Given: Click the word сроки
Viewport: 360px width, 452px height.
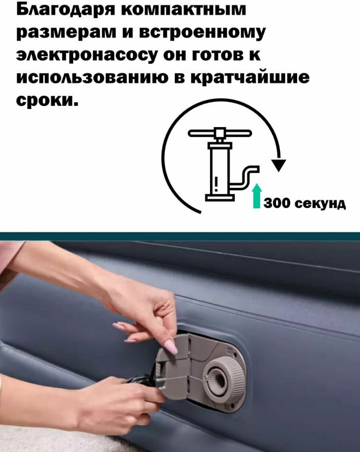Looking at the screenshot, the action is pyautogui.click(x=47, y=100).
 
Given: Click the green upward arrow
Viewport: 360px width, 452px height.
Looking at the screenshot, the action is pyautogui.click(x=257, y=196).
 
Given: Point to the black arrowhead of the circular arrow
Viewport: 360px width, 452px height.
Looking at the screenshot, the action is pyautogui.click(x=278, y=165).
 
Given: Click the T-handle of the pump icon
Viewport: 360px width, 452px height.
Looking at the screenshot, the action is pyautogui.click(x=220, y=134).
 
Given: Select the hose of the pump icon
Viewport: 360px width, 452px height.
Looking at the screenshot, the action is pyautogui.click(x=246, y=177).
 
